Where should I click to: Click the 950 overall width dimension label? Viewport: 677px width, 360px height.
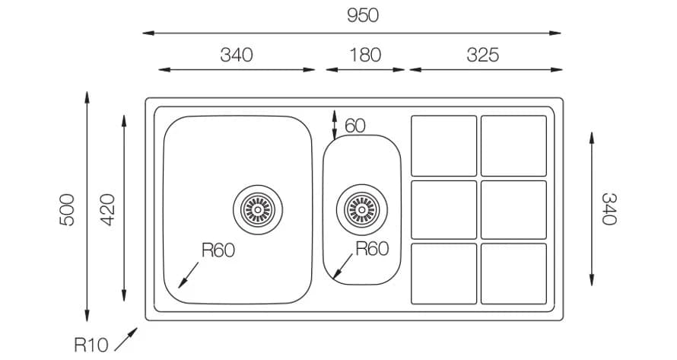point(363,15)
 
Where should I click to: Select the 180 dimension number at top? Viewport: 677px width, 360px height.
point(365,55)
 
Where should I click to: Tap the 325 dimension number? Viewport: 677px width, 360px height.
point(483,55)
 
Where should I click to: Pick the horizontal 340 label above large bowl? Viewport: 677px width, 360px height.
point(236,55)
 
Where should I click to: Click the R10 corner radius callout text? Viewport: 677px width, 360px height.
point(91,345)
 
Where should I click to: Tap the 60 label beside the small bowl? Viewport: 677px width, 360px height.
point(355,126)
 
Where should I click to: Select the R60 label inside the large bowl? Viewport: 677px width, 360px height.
point(218,250)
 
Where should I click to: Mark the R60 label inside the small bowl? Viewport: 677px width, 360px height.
point(372,248)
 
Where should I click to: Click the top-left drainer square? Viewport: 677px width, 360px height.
point(443,145)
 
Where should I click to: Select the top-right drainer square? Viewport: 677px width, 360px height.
point(513,145)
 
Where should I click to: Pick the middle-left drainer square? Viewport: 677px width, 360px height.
point(443,209)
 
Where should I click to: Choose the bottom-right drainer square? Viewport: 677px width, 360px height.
point(513,273)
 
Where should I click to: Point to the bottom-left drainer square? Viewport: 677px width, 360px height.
point(443,273)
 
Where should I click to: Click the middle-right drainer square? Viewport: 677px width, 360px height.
point(513,209)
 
